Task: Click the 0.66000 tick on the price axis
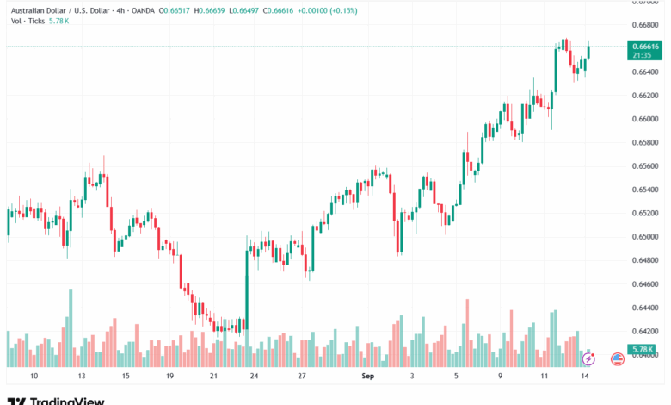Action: [645, 118]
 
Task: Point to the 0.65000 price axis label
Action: [645, 236]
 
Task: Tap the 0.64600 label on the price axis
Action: [645, 283]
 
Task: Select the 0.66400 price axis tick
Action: [645, 72]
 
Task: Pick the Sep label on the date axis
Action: [368, 377]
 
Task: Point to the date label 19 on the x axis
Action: [170, 377]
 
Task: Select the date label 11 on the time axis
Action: [545, 377]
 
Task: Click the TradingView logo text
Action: [67, 399]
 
